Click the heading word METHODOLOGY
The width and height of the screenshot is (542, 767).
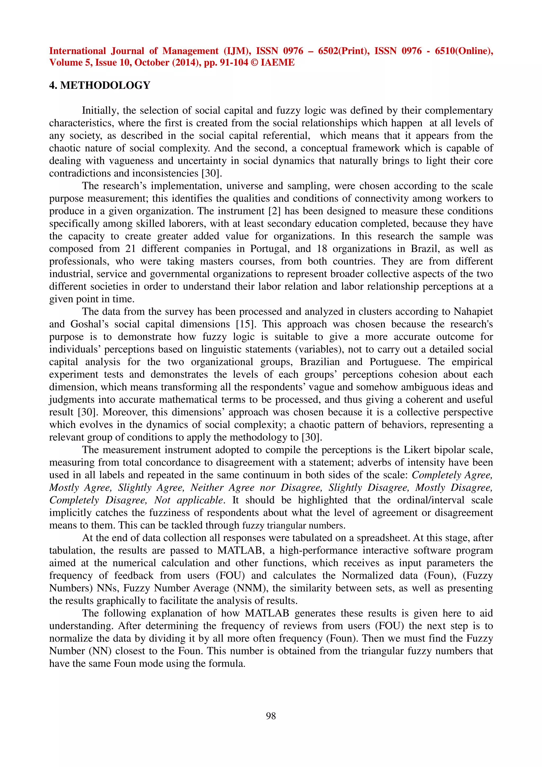click(x=105, y=85)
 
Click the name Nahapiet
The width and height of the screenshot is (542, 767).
click(x=473, y=312)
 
